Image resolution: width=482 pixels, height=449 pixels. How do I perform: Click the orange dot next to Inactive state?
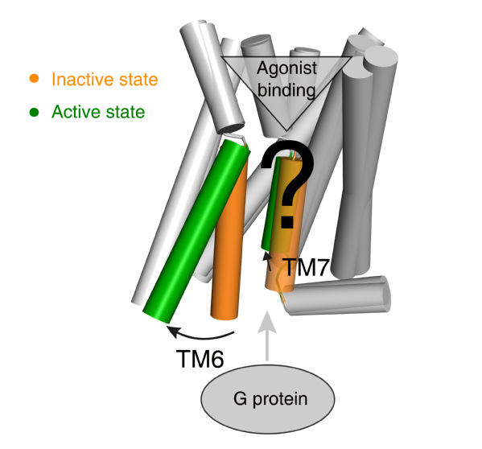[34, 78]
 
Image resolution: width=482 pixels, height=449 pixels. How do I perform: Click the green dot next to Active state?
[34, 112]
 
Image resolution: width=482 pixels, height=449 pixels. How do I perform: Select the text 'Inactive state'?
[105, 80]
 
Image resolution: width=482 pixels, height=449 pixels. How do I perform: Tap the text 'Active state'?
[98, 112]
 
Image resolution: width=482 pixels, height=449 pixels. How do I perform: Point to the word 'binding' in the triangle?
[286, 90]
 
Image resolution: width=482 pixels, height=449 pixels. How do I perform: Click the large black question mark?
[287, 184]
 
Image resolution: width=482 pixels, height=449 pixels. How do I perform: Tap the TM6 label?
[200, 359]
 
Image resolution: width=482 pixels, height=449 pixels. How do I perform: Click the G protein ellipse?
[268, 399]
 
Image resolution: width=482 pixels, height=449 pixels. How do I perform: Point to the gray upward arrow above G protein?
[267, 336]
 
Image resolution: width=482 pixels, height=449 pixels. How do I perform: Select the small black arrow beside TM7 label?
[268, 261]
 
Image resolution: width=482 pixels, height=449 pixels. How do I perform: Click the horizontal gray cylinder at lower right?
[336, 295]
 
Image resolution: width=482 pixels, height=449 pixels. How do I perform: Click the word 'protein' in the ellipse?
[280, 400]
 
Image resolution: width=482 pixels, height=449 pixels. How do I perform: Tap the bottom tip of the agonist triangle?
[286, 131]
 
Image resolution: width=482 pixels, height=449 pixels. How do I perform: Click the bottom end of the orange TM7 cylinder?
[279, 288]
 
